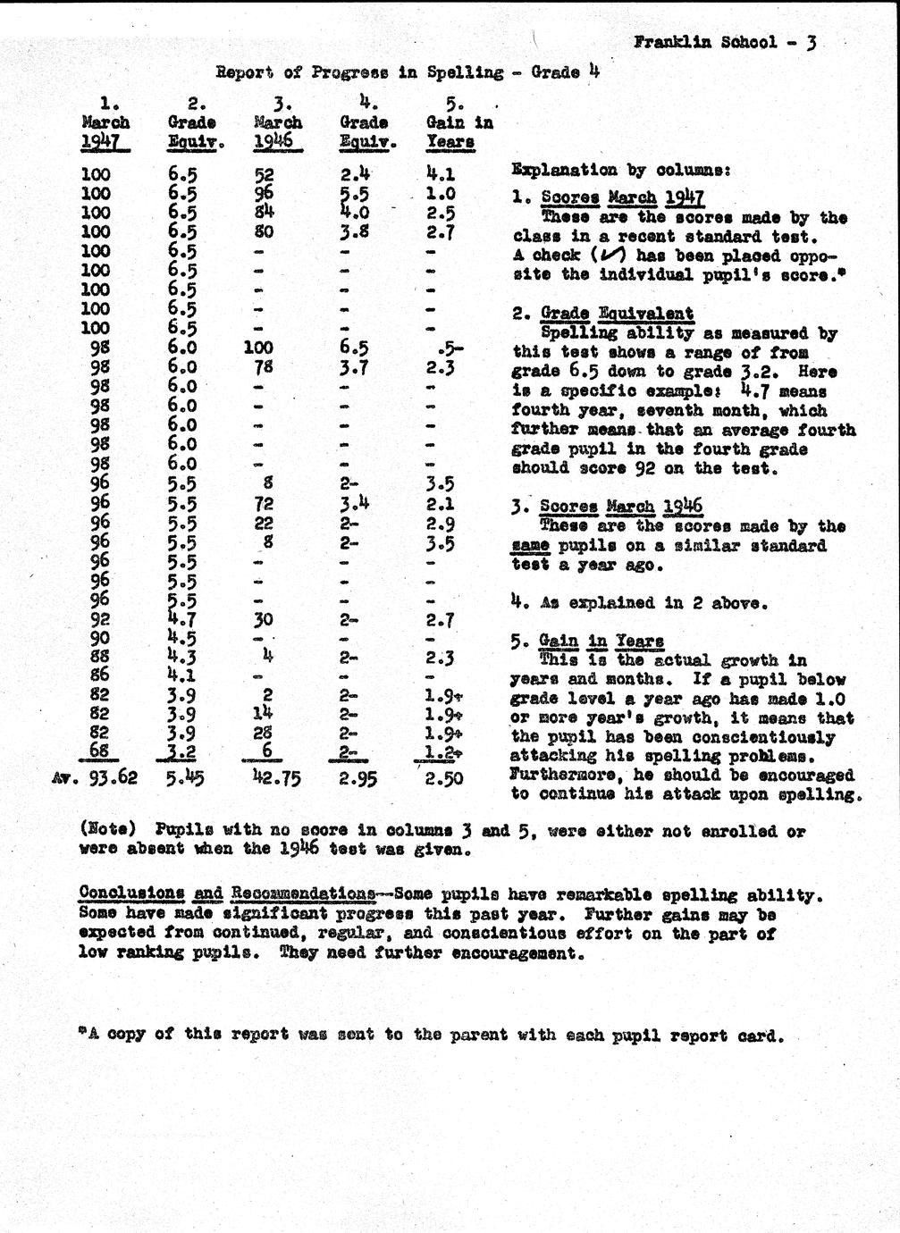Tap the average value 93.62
(x=106, y=778)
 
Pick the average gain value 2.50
(x=443, y=778)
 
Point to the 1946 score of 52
(x=265, y=175)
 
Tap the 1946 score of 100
(x=258, y=348)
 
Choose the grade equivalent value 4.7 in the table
(x=182, y=618)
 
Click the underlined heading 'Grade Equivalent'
(x=617, y=314)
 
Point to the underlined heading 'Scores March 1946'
(x=621, y=507)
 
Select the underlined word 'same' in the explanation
(x=530, y=546)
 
